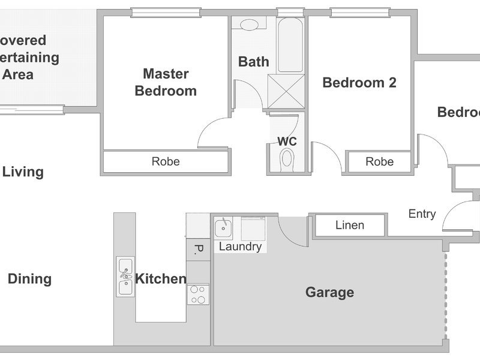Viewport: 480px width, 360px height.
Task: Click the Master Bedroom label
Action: (x=166, y=82)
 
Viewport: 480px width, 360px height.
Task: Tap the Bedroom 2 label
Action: (x=359, y=83)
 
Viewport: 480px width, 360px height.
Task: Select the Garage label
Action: (x=329, y=293)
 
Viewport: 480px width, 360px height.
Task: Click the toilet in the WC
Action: (x=287, y=160)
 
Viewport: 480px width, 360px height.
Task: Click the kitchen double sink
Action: (x=125, y=276)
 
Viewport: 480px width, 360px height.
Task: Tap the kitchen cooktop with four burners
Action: (x=198, y=294)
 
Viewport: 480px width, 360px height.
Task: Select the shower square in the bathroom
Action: (x=286, y=92)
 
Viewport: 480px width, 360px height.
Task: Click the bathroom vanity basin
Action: (x=250, y=25)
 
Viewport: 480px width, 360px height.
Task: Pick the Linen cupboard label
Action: (x=349, y=225)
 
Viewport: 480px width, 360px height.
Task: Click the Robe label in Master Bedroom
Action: (x=166, y=161)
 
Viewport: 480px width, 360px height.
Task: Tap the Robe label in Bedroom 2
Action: (x=379, y=161)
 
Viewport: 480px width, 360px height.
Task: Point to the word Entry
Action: (x=422, y=214)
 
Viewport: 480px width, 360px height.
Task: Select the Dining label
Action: (x=29, y=279)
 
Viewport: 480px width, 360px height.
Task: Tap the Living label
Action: (x=23, y=172)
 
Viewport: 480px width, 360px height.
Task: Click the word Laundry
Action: (x=240, y=247)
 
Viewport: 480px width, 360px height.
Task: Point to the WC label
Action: (x=287, y=142)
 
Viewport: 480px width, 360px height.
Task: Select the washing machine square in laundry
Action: (x=253, y=229)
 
